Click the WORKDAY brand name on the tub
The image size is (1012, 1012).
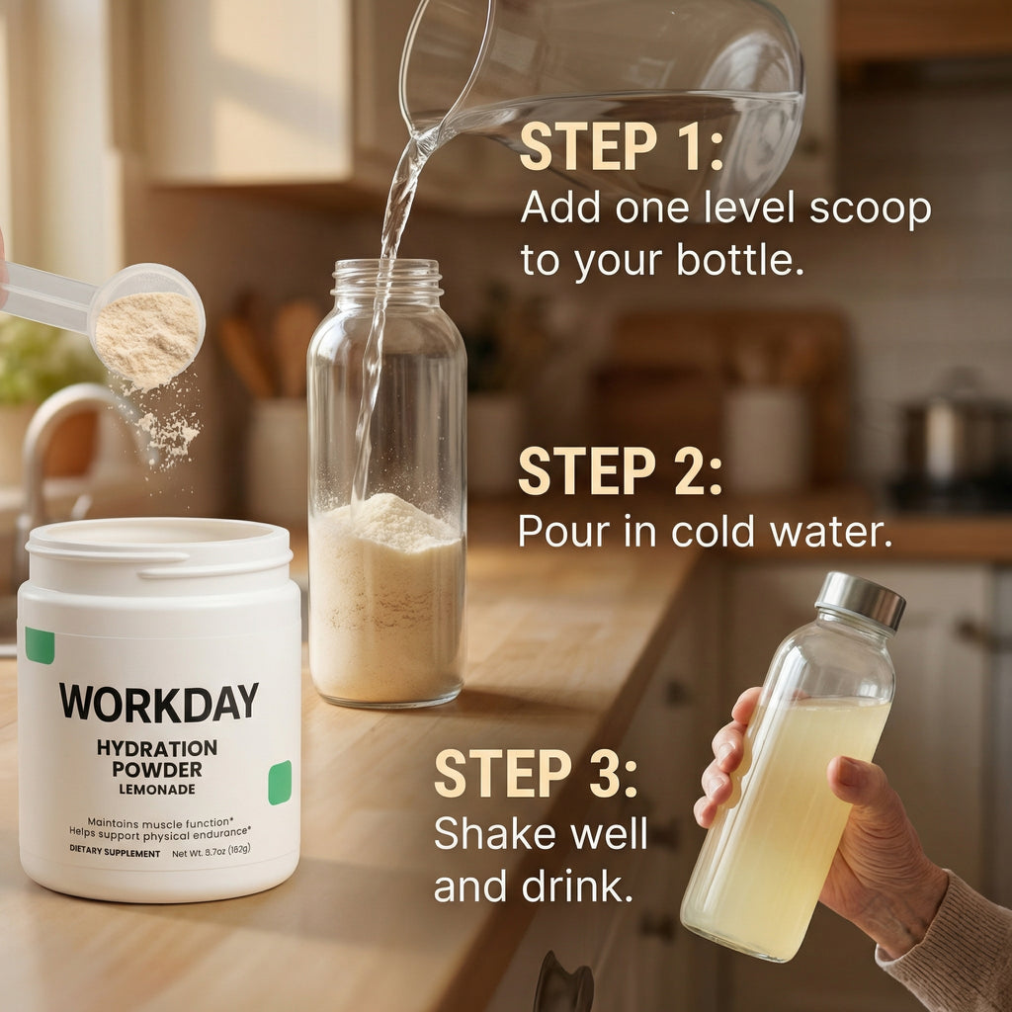click(x=158, y=702)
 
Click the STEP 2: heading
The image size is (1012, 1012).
click(x=620, y=471)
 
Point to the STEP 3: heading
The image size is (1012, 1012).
click(x=536, y=774)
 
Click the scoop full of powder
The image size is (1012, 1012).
click(x=148, y=331)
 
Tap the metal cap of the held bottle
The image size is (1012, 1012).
click(x=860, y=598)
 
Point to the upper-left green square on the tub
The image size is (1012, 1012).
click(x=40, y=645)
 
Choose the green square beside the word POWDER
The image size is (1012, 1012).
click(x=280, y=783)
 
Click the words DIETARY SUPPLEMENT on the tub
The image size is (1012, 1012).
click(x=115, y=853)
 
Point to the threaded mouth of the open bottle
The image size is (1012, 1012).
click(x=385, y=280)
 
